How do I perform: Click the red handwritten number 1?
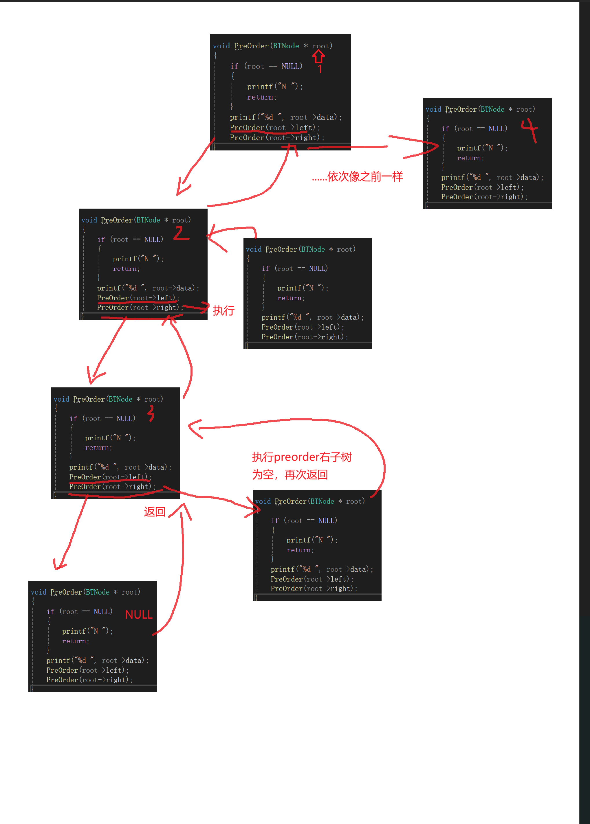pos(320,69)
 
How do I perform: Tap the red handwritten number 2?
pos(181,233)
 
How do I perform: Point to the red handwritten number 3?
pos(151,413)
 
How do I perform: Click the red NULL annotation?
pos(138,615)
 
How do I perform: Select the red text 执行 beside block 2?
pos(223,311)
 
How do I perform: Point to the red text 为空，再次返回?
pos(290,474)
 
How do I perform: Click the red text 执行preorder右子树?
pos(302,457)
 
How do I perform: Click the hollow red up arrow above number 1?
pos(319,56)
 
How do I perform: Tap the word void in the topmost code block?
pos(221,46)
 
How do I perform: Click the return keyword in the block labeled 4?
pos(470,158)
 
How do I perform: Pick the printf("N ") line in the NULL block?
pos(87,631)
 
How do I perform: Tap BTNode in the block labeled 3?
pos(120,399)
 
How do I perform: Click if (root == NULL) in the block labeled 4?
pos(474,129)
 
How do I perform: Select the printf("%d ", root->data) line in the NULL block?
pos(97,660)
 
